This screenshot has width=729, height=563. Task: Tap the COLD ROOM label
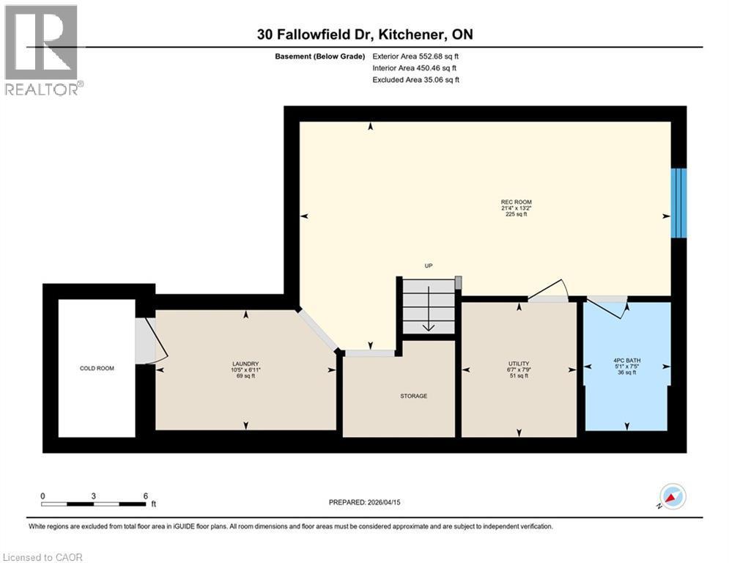click(x=97, y=368)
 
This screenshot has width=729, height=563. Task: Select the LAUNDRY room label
click(x=245, y=364)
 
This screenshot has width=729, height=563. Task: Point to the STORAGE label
click(x=413, y=396)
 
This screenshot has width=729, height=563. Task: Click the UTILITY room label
click(x=519, y=364)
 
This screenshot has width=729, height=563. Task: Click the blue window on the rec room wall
click(x=679, y=202)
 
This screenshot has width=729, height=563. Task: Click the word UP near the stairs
click(x=429, y=266)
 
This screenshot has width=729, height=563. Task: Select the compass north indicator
click(x=673, y=496)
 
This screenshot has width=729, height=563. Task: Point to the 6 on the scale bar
click(x=146, y=496)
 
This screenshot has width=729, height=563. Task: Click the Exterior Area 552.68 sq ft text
click(x=415, y=56)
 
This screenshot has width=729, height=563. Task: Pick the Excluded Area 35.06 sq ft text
click(x=415, y=80)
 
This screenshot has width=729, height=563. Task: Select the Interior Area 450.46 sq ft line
click(x=415, y=68)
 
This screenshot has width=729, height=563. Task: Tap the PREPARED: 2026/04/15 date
click(x=364, y=502)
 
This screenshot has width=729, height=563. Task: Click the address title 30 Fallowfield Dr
click(x=364, y=34)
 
